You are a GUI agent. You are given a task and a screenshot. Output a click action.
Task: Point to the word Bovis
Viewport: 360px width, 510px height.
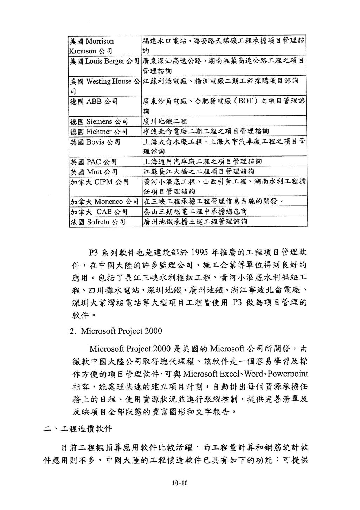click(94, 142)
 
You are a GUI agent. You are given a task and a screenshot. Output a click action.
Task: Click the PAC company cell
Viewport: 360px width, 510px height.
click(94, 162)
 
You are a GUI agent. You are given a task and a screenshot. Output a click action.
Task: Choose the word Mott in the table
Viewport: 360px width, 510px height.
click(94, 172)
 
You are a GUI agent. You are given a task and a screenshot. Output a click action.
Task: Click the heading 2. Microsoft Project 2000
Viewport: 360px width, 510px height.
click(116, 331)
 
